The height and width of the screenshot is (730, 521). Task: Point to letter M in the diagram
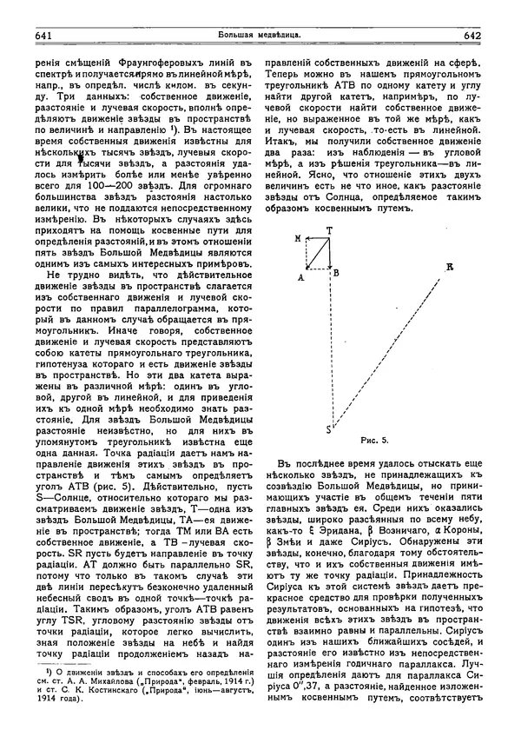298,237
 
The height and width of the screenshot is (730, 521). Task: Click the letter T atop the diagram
328,230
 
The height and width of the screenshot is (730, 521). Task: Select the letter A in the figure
300,277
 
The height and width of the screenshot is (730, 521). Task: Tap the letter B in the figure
335,273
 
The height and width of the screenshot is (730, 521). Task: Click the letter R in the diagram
449,267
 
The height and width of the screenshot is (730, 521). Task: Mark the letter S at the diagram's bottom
327,430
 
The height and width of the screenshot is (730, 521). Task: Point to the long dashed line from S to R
389,348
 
